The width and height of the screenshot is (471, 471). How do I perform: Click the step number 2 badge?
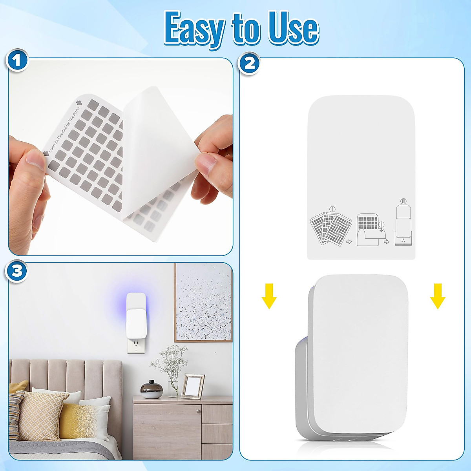point(250,63)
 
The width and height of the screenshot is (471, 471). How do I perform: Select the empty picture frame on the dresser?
point(192,385)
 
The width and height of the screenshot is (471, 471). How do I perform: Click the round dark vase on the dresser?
point(152,389)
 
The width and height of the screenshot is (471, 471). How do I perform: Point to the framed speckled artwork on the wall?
point(203,302)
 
